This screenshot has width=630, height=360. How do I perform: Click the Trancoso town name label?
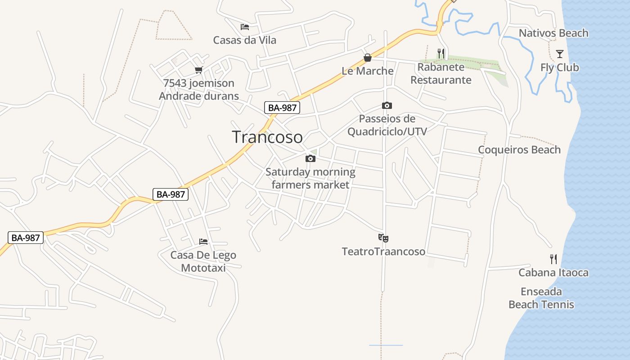pos(267,137)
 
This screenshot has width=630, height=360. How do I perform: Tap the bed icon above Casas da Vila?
pos(245,27)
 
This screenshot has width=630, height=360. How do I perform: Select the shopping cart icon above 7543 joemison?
pos(199,70)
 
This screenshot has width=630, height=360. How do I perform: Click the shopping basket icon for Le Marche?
pos(368,58)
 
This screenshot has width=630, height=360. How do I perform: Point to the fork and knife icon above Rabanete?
pos(441,54)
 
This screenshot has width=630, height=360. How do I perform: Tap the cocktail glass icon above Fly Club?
pos(559,54)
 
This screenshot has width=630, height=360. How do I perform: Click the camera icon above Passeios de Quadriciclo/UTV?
pos(387,106)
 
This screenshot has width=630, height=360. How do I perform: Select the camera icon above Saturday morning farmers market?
pos(310,158)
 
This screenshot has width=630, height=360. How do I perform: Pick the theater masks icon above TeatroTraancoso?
pos(383,238)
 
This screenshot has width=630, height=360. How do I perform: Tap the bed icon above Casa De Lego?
pos(203,242)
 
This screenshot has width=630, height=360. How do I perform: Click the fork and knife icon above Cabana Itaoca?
pos(553,259)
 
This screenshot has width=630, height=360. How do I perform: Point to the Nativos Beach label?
pos(553,33)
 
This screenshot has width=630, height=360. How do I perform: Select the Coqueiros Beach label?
pos(519,149)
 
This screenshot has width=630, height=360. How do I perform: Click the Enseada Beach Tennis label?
pos(541,298)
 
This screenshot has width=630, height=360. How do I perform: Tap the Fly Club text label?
pos(560,67)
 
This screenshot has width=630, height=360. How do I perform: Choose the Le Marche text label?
pos(368,71)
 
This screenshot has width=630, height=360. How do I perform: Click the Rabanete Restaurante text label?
pos(441,73)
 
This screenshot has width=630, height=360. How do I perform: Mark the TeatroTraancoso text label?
pos(383,251)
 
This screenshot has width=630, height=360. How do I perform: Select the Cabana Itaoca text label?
pos(553,272)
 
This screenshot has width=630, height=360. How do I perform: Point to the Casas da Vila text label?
pos(245,40)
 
